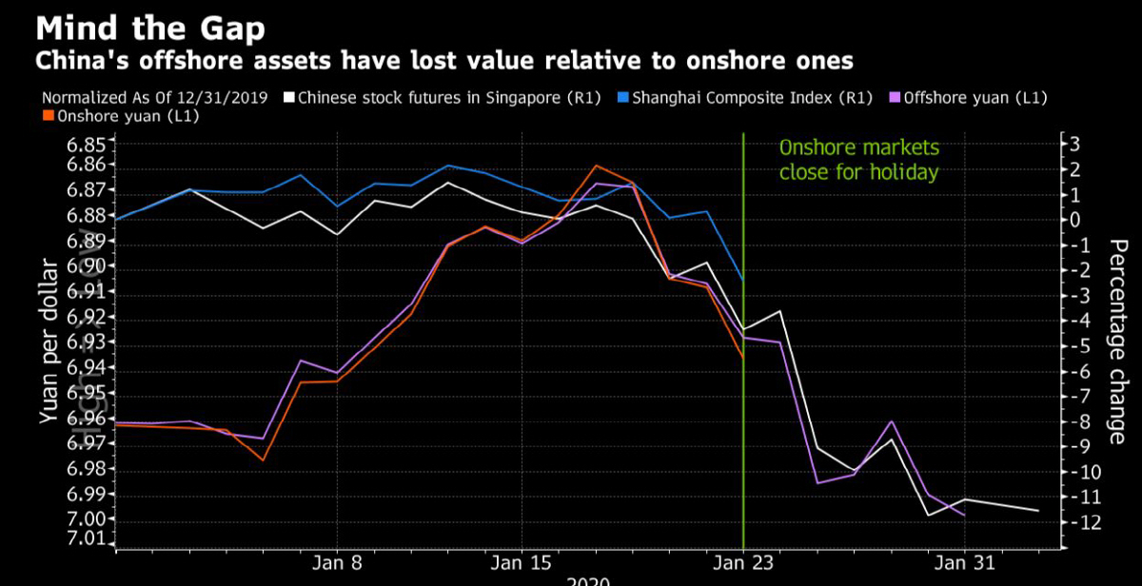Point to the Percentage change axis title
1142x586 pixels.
1117,342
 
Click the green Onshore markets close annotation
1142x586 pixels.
859,160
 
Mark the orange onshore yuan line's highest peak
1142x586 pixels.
596,166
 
